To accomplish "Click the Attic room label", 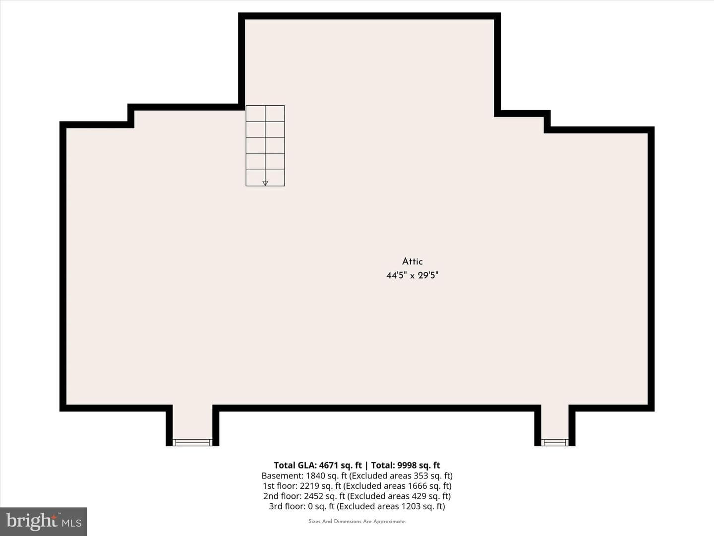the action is tap(412, 262).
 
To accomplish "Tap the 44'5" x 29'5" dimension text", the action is tap(412, 275).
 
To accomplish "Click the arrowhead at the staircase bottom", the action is tap(265, 183).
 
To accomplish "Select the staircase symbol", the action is tap(265, 145).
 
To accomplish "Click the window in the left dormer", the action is tap(192, 442).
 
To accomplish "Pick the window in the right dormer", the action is tap(555, 442).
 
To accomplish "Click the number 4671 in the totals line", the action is tap(329, 465).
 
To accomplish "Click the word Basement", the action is tap(282, 476).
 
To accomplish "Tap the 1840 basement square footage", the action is tap(315, 476).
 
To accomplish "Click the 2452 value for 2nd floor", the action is tap(313, 496).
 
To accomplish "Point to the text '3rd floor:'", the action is tap(287, 506).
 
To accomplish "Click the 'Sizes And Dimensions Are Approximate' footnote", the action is tap(357, 521).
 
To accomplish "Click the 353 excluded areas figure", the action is tap(420, 476).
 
